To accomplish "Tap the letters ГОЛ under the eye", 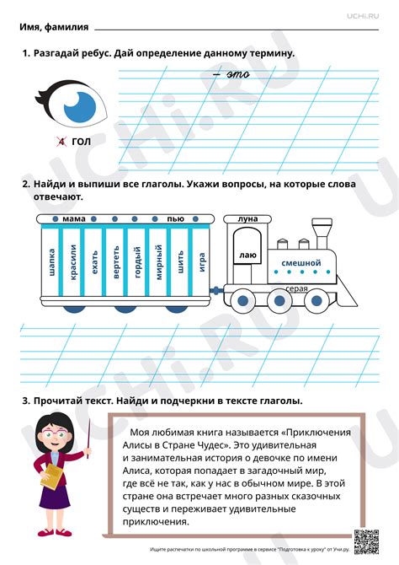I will click(81, 142).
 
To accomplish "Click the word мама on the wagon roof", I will click(74, 218).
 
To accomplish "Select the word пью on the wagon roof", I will click(175, 218).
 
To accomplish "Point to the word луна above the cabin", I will click(248, 218).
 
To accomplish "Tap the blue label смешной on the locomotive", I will click(301, 263).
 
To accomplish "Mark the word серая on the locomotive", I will click(296, 289).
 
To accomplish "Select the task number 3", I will click(26, 401).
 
